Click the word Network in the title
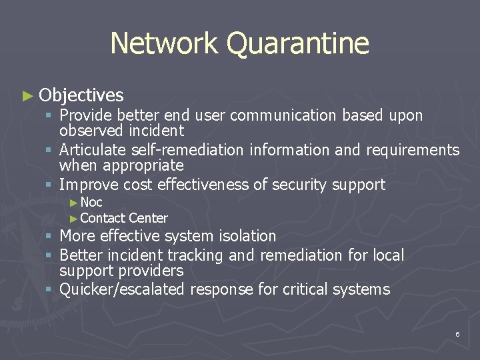point(164,43)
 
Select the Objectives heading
point(81,95)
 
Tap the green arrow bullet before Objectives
point(27,96)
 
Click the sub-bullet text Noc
point(91,202)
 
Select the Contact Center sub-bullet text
point(124,218)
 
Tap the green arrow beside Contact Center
point(74,218)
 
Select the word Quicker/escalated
point(122,289)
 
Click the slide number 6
point(457,334)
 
